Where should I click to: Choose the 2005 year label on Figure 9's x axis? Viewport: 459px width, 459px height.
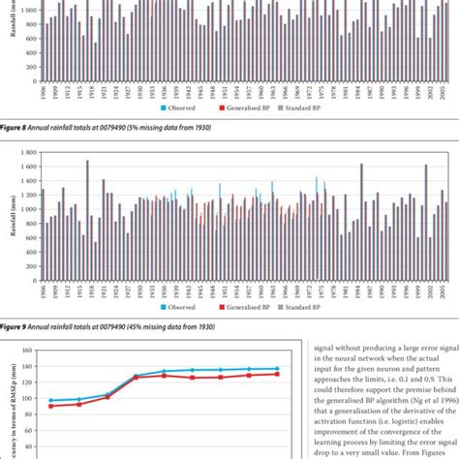tap(443, 290)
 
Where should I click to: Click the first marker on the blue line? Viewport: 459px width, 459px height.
tap(50, 401)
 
